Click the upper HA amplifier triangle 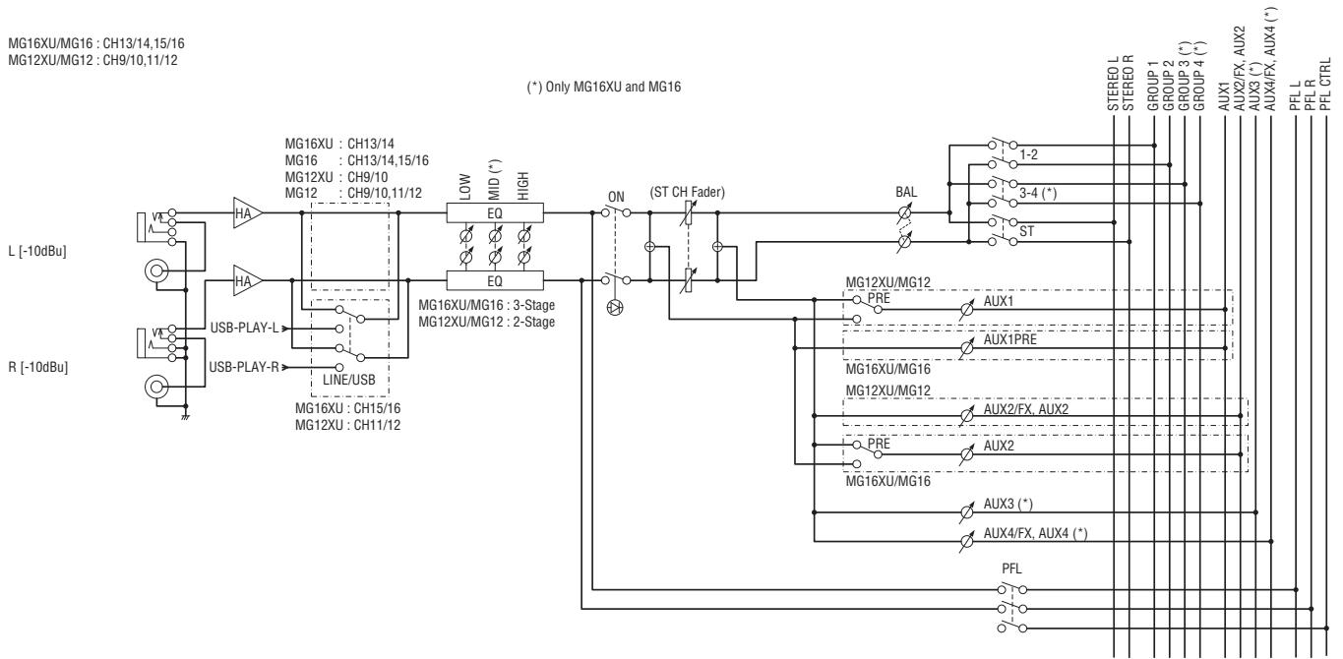pos(247,212)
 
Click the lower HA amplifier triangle pos(247,280)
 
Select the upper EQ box pos(495,212)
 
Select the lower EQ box pos(495,280)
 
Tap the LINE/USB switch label pos(349,380)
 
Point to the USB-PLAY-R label pos(244,366)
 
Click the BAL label pos(906,192)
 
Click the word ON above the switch pos(616,197)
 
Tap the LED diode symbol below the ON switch pos(615,308)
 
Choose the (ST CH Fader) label pos(687,193)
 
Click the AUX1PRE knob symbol pos(966,348)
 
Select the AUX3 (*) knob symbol pos(966,512)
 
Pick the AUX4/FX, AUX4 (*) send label pos(1035,533)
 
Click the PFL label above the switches pos(1011,569)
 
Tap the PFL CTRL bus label pos(1325,84)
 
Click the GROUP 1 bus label pos(1153,86)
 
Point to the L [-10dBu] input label pos(37,251)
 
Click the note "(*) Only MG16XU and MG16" pos(604,87)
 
